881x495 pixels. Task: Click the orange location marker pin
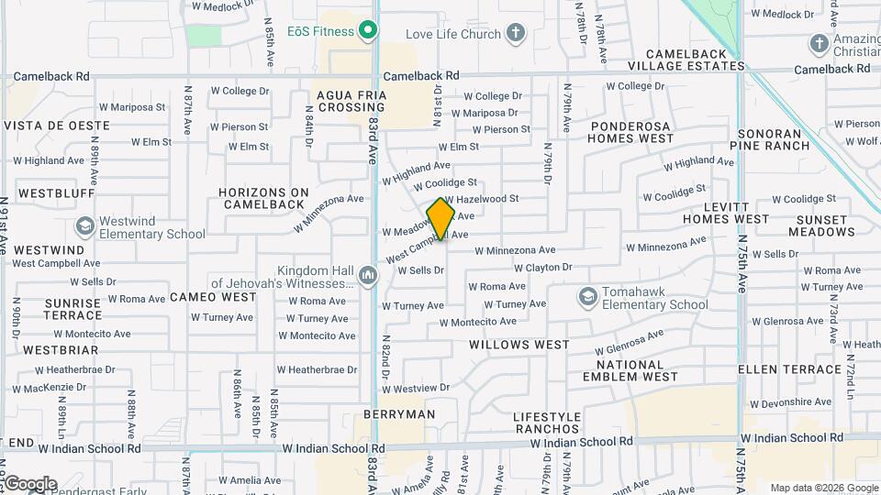tap(440, 218)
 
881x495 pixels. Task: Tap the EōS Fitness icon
tap(368, 31)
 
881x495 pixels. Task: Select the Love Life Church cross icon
tap(516, 35)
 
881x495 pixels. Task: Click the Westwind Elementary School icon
tap(85, 225)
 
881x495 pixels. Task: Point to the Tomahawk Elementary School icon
tap(587, 296)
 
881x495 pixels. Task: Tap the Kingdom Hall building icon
tap(367, 275)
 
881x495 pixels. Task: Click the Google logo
tap(30, 483)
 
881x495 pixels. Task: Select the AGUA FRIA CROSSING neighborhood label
tap(351, 101)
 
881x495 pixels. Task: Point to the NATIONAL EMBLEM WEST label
tap(630, 370)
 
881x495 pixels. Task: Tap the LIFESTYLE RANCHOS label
tap(548, 423)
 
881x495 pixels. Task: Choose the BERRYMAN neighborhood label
tap(399, 414)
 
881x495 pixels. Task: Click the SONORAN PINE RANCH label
tap(771, 139)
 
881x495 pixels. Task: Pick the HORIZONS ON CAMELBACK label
tap(264, 198)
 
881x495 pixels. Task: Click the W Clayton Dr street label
tap(542, 268)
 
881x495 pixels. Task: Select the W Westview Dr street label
tap(418, 388)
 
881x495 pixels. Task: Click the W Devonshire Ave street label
tap(790, 402)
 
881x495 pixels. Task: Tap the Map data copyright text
tap(823, 488)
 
